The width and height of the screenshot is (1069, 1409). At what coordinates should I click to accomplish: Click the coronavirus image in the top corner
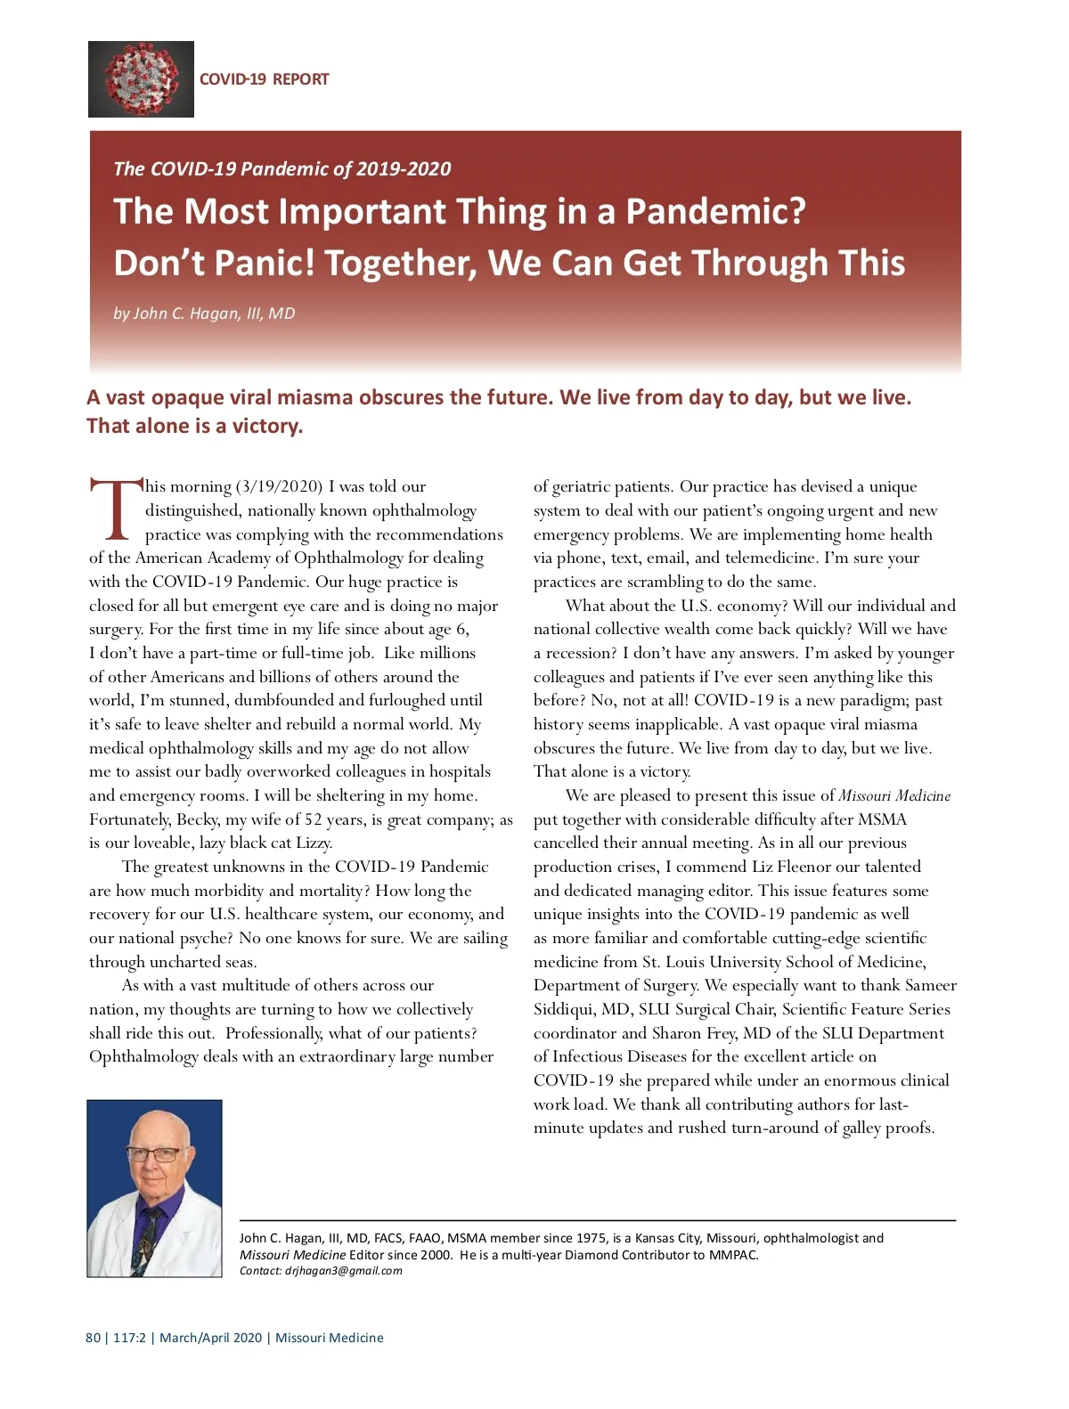[141, 79]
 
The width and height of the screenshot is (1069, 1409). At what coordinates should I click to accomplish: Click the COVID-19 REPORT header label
[264, 79]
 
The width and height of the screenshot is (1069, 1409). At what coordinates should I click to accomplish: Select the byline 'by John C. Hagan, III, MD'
[204, 314]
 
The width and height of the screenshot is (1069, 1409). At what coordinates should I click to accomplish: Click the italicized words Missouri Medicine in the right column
[894, 795]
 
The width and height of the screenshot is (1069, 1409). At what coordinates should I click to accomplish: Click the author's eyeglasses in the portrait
[154, 1154]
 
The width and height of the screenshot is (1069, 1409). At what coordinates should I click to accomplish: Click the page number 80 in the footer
[93, 1338]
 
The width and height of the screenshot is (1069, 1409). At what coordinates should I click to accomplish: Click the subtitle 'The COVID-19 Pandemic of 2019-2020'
[282, 169]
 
